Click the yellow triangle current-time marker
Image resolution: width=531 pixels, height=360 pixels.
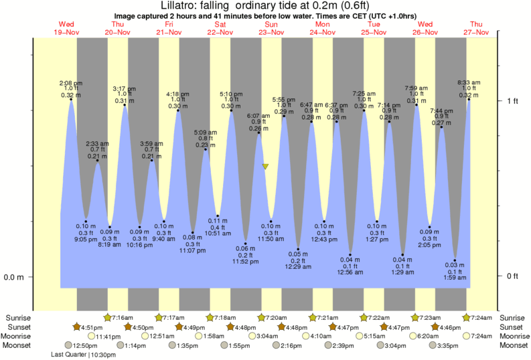click(x=265, y=167)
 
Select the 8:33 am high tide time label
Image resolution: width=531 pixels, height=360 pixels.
click(x=469, y=82)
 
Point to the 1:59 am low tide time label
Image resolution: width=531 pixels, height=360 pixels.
click(x=455, y=277)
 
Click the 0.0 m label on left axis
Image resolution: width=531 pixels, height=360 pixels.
click(x=14, y=277)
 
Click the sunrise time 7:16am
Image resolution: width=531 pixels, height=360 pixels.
click(x=123, y=317)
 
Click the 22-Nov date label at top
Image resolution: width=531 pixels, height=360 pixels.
click(x=220, y=32)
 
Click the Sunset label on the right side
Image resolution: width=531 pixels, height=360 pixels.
click(x=512, y=327)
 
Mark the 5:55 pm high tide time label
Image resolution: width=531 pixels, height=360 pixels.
click(x=285, y=100)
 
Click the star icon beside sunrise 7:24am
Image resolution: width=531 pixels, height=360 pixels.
click(x=467, y=317)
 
